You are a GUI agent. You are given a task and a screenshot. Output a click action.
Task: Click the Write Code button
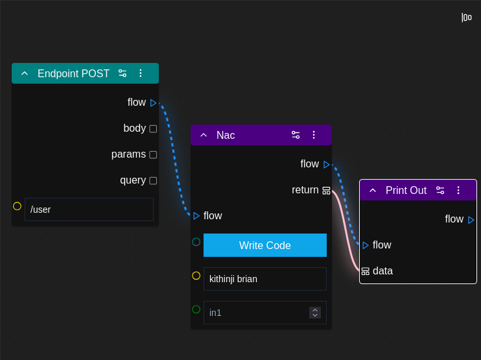point(264,245)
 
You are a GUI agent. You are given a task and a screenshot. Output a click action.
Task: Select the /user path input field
point(89,210)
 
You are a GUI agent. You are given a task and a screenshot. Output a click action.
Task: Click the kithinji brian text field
point(264,279)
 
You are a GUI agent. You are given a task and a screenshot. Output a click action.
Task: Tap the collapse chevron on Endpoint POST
point(25,73)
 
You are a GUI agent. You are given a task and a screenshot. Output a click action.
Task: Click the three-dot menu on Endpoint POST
point(140,73)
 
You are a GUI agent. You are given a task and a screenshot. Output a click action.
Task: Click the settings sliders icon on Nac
point(296,135)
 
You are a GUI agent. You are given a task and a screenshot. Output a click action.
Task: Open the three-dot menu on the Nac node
point(314,135)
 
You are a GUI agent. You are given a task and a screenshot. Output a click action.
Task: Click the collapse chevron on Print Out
point(373,190)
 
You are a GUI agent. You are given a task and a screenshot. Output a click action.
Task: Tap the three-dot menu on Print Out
point(458,190)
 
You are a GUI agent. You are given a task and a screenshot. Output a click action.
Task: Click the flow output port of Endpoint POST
point(154,102)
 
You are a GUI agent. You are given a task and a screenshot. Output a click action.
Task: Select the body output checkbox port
point(153,128)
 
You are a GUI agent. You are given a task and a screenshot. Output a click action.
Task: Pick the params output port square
point(153,154)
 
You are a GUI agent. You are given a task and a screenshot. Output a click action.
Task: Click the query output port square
point(153,180)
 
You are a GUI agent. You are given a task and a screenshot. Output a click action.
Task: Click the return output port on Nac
point(326,190)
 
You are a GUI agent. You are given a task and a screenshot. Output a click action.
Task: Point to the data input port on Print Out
point(366,271)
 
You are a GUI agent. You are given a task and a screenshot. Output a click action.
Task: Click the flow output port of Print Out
point(471,220)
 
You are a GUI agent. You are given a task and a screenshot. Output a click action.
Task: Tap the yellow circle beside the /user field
point(17,206)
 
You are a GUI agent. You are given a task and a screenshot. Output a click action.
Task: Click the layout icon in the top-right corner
point(466,18)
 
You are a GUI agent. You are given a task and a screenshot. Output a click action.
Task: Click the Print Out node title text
point(406,190)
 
